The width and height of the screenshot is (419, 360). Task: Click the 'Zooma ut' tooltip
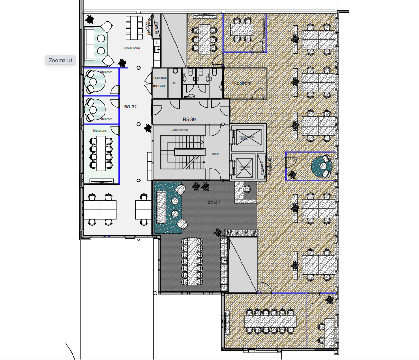(x=61, y=60)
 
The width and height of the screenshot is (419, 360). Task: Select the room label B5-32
(x=130, y=107)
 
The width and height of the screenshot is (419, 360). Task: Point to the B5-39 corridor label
(x=190, y=119)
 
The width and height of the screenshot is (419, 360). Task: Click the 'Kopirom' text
(x=242, y=83)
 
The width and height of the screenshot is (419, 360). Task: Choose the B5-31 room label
(x=213, y=202)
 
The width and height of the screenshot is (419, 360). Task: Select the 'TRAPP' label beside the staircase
(x=215, y=154)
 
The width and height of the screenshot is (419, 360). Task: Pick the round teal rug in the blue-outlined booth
(x=321, y=166)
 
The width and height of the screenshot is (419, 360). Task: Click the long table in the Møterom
(x=101, y=153)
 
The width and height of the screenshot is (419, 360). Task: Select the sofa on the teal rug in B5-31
(x=160, y=206)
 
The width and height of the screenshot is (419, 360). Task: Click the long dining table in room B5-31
(x=192, y=261)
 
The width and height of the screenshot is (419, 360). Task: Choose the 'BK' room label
(x=174, y=82)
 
